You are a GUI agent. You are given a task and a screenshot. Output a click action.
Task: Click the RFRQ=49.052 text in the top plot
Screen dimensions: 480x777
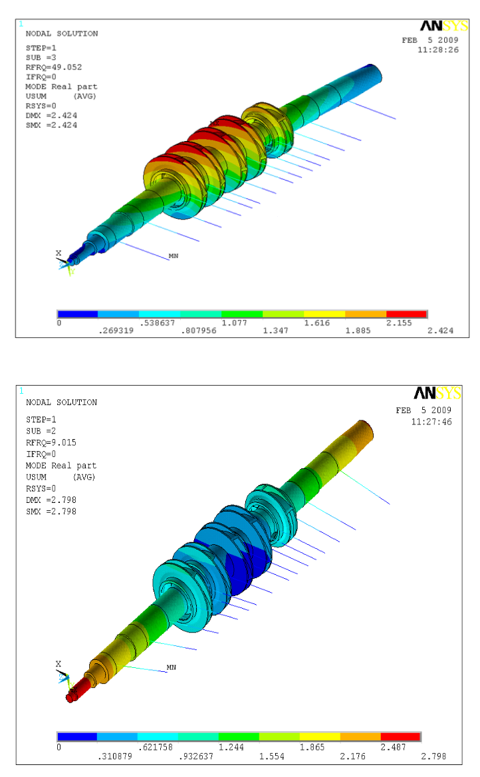pyautogui.click(x=53, y=67)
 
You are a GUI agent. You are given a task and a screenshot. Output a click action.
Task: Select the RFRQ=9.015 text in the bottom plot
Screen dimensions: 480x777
pyautogui.click(x=51, y=442)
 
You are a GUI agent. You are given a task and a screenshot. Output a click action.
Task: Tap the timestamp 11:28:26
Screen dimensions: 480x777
pyautogui.click(x=438, y=50)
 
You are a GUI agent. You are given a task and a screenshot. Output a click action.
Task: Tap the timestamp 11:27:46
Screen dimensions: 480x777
pyautogui.click(x=431, y=422)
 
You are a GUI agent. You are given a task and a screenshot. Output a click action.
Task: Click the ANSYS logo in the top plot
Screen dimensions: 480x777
pyautogui.click(x=444, y=26)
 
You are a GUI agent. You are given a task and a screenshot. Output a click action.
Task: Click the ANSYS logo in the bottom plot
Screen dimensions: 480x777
pyautogui.click(x=437, y=393)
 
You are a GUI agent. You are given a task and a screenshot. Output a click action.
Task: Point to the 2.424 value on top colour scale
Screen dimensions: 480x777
pyautogui.click(x=440, y=331)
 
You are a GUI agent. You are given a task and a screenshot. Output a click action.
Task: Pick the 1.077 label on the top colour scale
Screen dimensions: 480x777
pyautogui.click(x=234, y=323)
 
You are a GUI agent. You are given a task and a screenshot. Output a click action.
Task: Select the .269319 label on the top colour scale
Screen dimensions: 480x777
pyautogui.click(x=116, y=331)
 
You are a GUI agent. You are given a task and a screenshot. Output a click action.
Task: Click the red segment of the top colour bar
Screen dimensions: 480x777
pyautogui.click(x=406, y=314)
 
